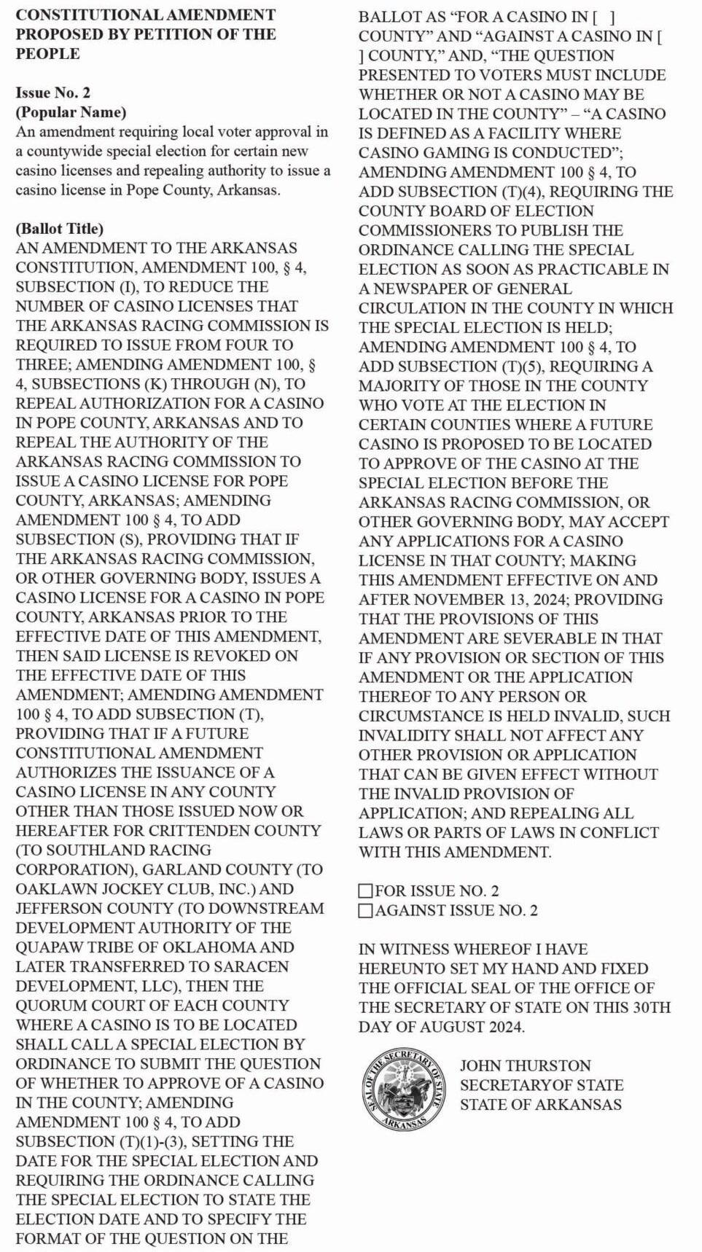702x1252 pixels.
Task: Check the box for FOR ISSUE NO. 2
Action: point(366,891)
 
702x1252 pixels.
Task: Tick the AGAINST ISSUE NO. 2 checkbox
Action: point(366,911)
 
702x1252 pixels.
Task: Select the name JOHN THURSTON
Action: point(525,1065)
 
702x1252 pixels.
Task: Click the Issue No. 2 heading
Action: point(53,93)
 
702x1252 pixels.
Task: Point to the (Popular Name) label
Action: point(71,112)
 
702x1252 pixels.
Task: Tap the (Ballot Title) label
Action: point(60,229)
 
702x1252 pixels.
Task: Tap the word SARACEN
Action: point(248,966)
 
